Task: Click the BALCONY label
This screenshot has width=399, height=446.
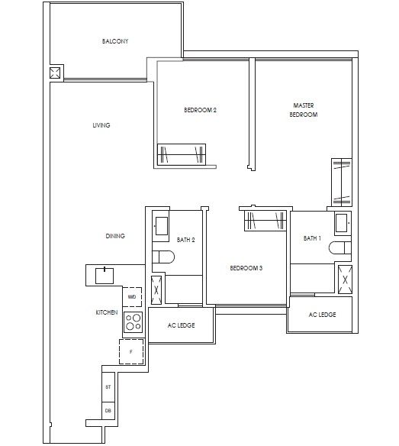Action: (114, 40)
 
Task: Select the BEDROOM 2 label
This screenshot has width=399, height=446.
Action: (201, 110)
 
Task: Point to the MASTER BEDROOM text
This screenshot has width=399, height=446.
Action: (304, 109)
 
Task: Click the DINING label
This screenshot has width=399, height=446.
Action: (115, 236)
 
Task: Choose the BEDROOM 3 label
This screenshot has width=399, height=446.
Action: (246, 268)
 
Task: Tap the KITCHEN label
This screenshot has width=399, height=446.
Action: (106, 313)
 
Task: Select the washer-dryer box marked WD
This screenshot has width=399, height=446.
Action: (132, 296)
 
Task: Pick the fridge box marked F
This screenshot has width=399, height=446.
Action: (131, 352)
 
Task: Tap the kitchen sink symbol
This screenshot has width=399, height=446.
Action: (101, 273)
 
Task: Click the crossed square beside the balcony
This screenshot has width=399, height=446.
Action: (55, 74)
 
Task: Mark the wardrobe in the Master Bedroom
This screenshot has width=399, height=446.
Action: (339, 182)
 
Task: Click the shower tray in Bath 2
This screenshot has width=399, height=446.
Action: (157, 289)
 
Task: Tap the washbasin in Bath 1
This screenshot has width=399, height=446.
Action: (342, 225)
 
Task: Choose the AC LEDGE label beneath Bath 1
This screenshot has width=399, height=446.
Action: (322, 315)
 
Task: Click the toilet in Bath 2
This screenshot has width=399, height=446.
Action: (159, 258)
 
